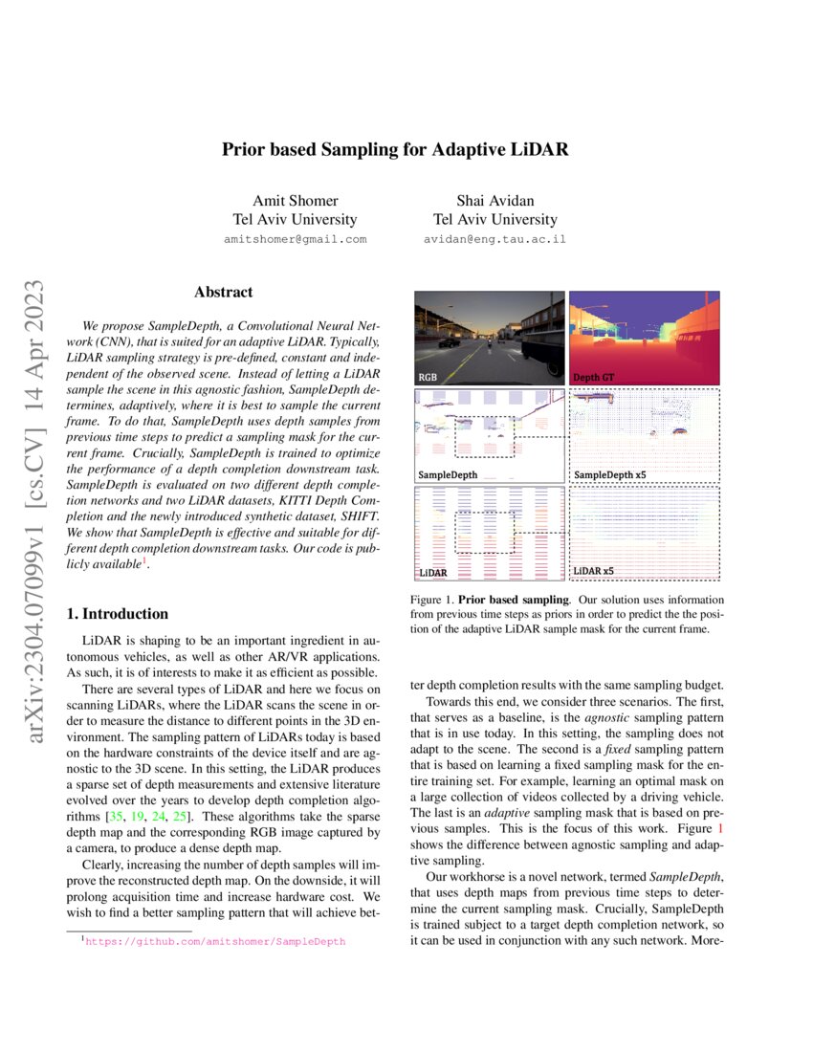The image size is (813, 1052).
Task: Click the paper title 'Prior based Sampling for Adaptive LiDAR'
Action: (396, 150)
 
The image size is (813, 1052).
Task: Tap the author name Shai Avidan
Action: (494, 201)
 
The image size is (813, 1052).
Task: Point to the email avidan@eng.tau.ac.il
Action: (494, 239)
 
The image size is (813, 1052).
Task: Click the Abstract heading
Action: (223, 293)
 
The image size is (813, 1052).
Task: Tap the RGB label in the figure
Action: (429, 378)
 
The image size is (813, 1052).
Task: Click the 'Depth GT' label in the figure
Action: (594, 378)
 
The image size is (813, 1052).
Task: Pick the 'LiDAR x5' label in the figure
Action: (594, 572)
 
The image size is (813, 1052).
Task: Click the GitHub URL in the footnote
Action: (215, 942)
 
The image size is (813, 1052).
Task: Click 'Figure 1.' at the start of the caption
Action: (432, 598)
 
